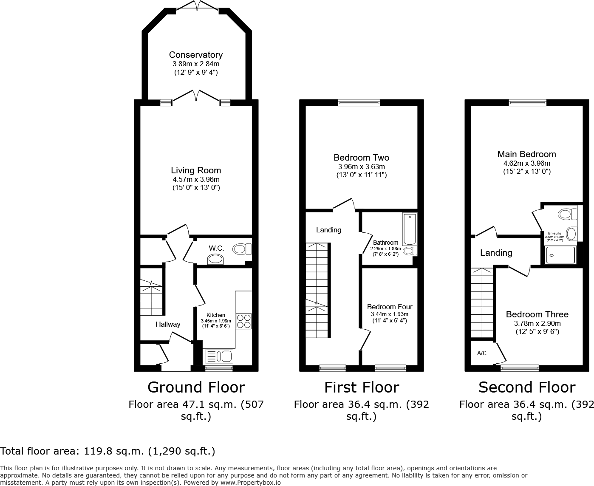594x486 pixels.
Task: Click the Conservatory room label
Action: pyautogui.click(x=195, y=55)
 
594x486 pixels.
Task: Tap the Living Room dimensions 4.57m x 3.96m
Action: pyautogui.click(x=195, y=179)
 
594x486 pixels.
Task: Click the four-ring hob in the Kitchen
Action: pyautogui.click(x=243, y=321)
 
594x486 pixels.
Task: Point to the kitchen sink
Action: pyautogui.click(x=219, y=356)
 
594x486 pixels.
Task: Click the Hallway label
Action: pyautogui.click(x=167, y=324)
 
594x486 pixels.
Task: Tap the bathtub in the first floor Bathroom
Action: pyautogui.click(x=410, y=229)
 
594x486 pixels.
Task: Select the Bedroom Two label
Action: pyautogui.click(x=361, y=158)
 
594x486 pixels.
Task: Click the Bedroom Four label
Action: pyautogui.click(x=390, y=307)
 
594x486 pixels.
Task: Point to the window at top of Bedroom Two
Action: pyautogui.click(x=359, y=102)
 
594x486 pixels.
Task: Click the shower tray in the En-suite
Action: pyautogui.click(x=560, y=255)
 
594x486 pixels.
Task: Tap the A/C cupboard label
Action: pyautogui.click(x=482, y=353)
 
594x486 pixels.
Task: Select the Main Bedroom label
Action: pyautogui.click(x=526, y=154)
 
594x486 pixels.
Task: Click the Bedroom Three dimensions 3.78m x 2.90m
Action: pyautogui.click(x=537, y=323)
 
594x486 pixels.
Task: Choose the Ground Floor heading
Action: pyautogui.click(x=196, y=387)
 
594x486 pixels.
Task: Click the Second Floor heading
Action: pyautogui.click(x=526, y=387)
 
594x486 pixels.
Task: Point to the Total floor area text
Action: pyautogui.click(x=107, y=451)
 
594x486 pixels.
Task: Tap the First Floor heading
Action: pyautogui.click(x=361, y=387)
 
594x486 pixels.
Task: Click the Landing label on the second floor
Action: pyautogui.click(x=496, y=253)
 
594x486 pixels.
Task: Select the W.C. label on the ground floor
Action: pyautogui.click(x=216, y=248)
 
